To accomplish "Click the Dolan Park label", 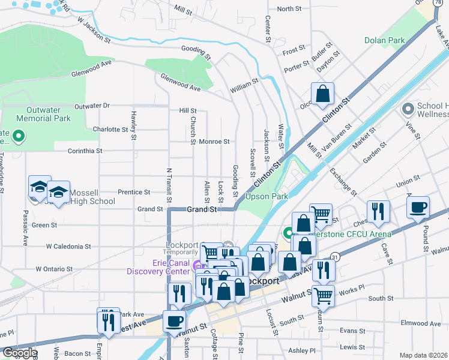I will click(x=384, y=41).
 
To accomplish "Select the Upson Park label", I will click(x=267, y=196).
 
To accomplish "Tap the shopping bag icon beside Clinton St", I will click(x=322, y=95).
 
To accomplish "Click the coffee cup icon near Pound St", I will click(x=417, y=208).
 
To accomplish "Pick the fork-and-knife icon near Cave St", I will click(x=378, y=211).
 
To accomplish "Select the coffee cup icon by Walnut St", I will click(x=175, y=320).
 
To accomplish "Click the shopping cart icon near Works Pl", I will click(x=323, y=295).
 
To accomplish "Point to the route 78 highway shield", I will click(x=439, y=4).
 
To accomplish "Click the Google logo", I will click(x=19, y=353).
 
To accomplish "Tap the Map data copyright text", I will click(x=424, y=355).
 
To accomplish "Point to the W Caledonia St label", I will click(x=69, y=246).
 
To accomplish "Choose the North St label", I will click(x=289, y=9).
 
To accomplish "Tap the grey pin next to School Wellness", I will click(x=408, y=109).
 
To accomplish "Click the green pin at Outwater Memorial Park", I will click(x=18, y=137).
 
